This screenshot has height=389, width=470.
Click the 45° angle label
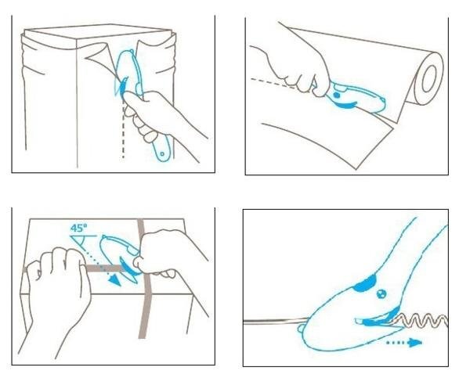pos(79,228)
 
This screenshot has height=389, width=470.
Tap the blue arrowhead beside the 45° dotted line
pos(114,280)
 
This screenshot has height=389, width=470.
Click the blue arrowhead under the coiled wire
pos(415,343)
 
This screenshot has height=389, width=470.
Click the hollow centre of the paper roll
pos(429,78)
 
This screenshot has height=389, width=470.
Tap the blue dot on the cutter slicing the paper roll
pos(337,95)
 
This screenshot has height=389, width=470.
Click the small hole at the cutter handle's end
pos(162,153)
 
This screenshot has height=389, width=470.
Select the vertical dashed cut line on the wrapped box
pos(123,129)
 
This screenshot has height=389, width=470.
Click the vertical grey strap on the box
pos(144,279)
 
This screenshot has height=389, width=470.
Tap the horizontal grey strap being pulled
pos(103,268)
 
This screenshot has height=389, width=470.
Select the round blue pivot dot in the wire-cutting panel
pos(381,294)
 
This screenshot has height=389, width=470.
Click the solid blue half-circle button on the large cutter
pos(365,283)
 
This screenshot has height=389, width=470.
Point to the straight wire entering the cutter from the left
pos(276,322)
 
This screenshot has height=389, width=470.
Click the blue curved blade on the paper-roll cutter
pos(345,105)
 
